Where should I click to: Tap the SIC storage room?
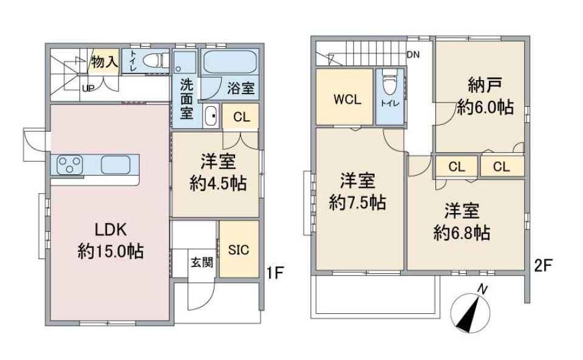pyautogui.click(x=238, y=250)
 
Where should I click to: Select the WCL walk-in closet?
pyautogui.click(x=344, y=99)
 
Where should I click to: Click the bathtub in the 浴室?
pyautogui.click(x=229, y=63)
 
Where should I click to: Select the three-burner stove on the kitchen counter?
pyautogui.click(x=70, y=164)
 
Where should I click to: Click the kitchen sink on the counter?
pyautogui.click(x=116, y=164)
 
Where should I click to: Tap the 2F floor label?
pyautogui.click(x=544, y=265)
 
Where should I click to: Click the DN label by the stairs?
pyautogui.click(x=413, y=55)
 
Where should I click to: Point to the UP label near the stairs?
pyautogui.click(x=88, y=88)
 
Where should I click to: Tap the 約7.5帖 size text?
pyautogui.click(x=358, y=203)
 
